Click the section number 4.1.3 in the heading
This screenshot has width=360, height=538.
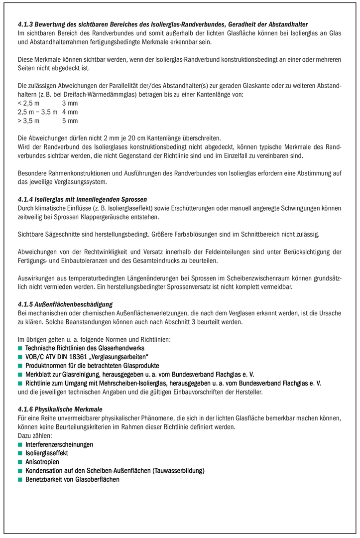click(25, 24)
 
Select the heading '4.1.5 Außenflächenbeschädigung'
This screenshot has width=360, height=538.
click(65, 304)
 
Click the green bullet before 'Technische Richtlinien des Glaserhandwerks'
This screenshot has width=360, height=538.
click(20, 348)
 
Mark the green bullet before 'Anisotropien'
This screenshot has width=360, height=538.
click(20, 462)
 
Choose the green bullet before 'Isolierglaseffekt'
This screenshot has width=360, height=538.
click(20, 453)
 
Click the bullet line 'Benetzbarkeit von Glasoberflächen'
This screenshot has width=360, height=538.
click(72, 479)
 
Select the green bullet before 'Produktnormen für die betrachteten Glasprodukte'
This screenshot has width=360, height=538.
click(20, 366)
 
